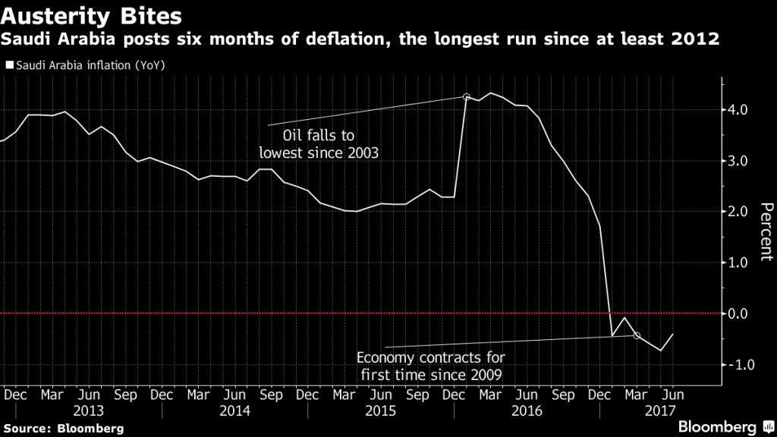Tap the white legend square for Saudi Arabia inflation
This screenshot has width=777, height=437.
click(x=9, y=65)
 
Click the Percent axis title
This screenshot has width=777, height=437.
click(x=766, y=232)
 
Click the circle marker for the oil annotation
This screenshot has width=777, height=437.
click(x=467, y=97)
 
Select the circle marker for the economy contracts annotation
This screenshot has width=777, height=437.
click(x=637, y=335)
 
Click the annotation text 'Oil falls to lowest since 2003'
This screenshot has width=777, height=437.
click(x=319, y=144)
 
